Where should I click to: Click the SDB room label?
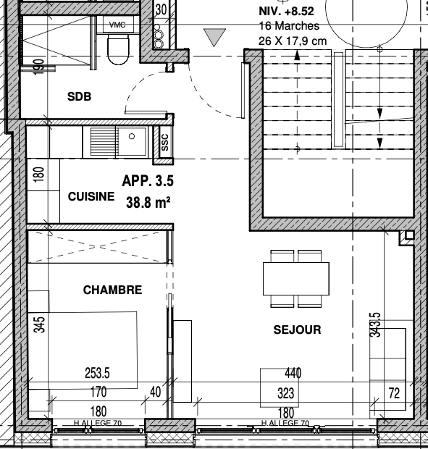(x=80, y=96)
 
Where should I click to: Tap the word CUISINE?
(x=91, y=196)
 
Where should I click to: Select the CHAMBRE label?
(x=112, y=290)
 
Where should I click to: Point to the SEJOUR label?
(x=297, y=330)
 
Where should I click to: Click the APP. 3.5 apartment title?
(x=148, y=181)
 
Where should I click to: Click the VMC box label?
(x=117, y=25)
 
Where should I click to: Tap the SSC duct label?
(x=165, y=142)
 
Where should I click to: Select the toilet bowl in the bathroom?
(x=118, y=49)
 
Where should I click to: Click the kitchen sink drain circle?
(x=132, y=136)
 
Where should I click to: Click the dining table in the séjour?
(x=296, y=279)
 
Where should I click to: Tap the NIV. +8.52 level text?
(x=286, y=11)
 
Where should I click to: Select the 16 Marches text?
(x=289, y=26)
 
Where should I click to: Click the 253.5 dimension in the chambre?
(x=97, y=373)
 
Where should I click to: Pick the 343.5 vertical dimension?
(x=375, y=324)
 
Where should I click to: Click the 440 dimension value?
(x=293, y=373)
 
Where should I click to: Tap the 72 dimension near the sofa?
(x=394, y=393)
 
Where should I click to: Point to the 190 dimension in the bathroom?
(x=39, y=67)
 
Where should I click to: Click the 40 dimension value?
(x=156, y=392)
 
